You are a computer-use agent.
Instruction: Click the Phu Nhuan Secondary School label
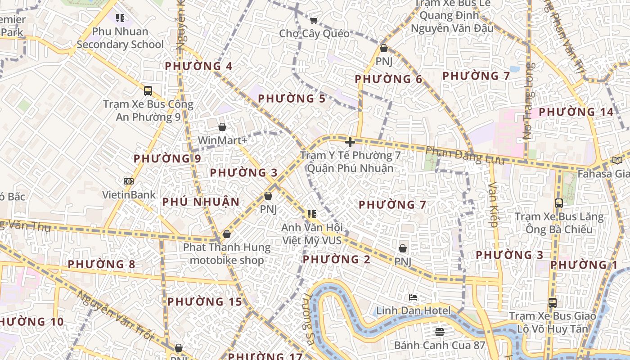pyautogui.click(x=120, y=38)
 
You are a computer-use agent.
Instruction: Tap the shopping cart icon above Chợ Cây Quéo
pyautogui.click(x=314, y=20)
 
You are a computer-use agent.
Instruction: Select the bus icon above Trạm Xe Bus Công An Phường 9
pyautogui.click(x=148, y=90)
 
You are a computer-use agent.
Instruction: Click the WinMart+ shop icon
pyautogui.click(x=222, y=127)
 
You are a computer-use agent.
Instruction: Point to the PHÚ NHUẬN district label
pyautogui.click(x=201, y=202)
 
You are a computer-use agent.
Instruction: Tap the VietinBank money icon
pyautogui.click(x=129, y=181)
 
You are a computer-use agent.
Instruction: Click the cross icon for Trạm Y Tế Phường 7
pyautogui.click(x=350, y=143)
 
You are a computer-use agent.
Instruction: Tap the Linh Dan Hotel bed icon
pyautogui.click(x=413, y=297)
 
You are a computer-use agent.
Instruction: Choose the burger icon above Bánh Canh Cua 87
pyautogui.click(x=440, y=332)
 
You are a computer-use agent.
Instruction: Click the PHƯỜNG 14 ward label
pyautogui.click(x=576, y=112)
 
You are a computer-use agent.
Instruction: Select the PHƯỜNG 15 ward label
pyautogui.click(x=205, y=301)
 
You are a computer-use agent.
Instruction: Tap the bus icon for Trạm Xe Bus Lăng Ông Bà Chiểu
pyautogui.click(x=558, y=203)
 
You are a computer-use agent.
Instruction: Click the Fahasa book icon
pyautogui.click(x=617, y=160)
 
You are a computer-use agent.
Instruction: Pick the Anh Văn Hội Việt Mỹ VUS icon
pyautogui.click(x=311, y=214)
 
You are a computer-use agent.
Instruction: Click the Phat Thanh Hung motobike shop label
pyautogui.click(x=227, y=253)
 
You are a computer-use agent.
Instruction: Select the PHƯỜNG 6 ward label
pyautogui.click(x=388, y=79)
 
